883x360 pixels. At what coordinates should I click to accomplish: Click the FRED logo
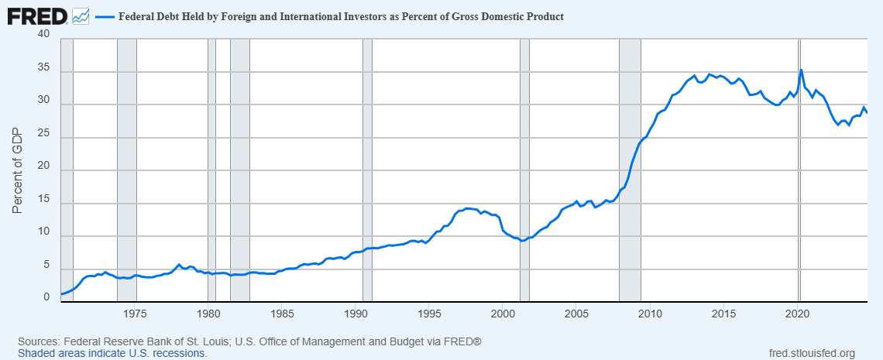[x=38, y=16]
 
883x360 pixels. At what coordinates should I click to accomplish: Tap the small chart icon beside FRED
[x=81, y=16]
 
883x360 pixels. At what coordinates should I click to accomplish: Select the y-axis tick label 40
[x=43, y=35]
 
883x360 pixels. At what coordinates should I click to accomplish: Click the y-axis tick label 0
[x=46, y=299]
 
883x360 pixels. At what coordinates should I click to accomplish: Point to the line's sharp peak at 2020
[x=802, y=70]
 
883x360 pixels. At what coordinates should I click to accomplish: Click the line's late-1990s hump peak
[x=467, y=209]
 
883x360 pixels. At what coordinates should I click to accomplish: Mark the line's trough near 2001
[x=522, y=241]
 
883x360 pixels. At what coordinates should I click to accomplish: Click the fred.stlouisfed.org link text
[x=812, y=353]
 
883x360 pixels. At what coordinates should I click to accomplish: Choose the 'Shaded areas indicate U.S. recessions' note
[x=112, y=353]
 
